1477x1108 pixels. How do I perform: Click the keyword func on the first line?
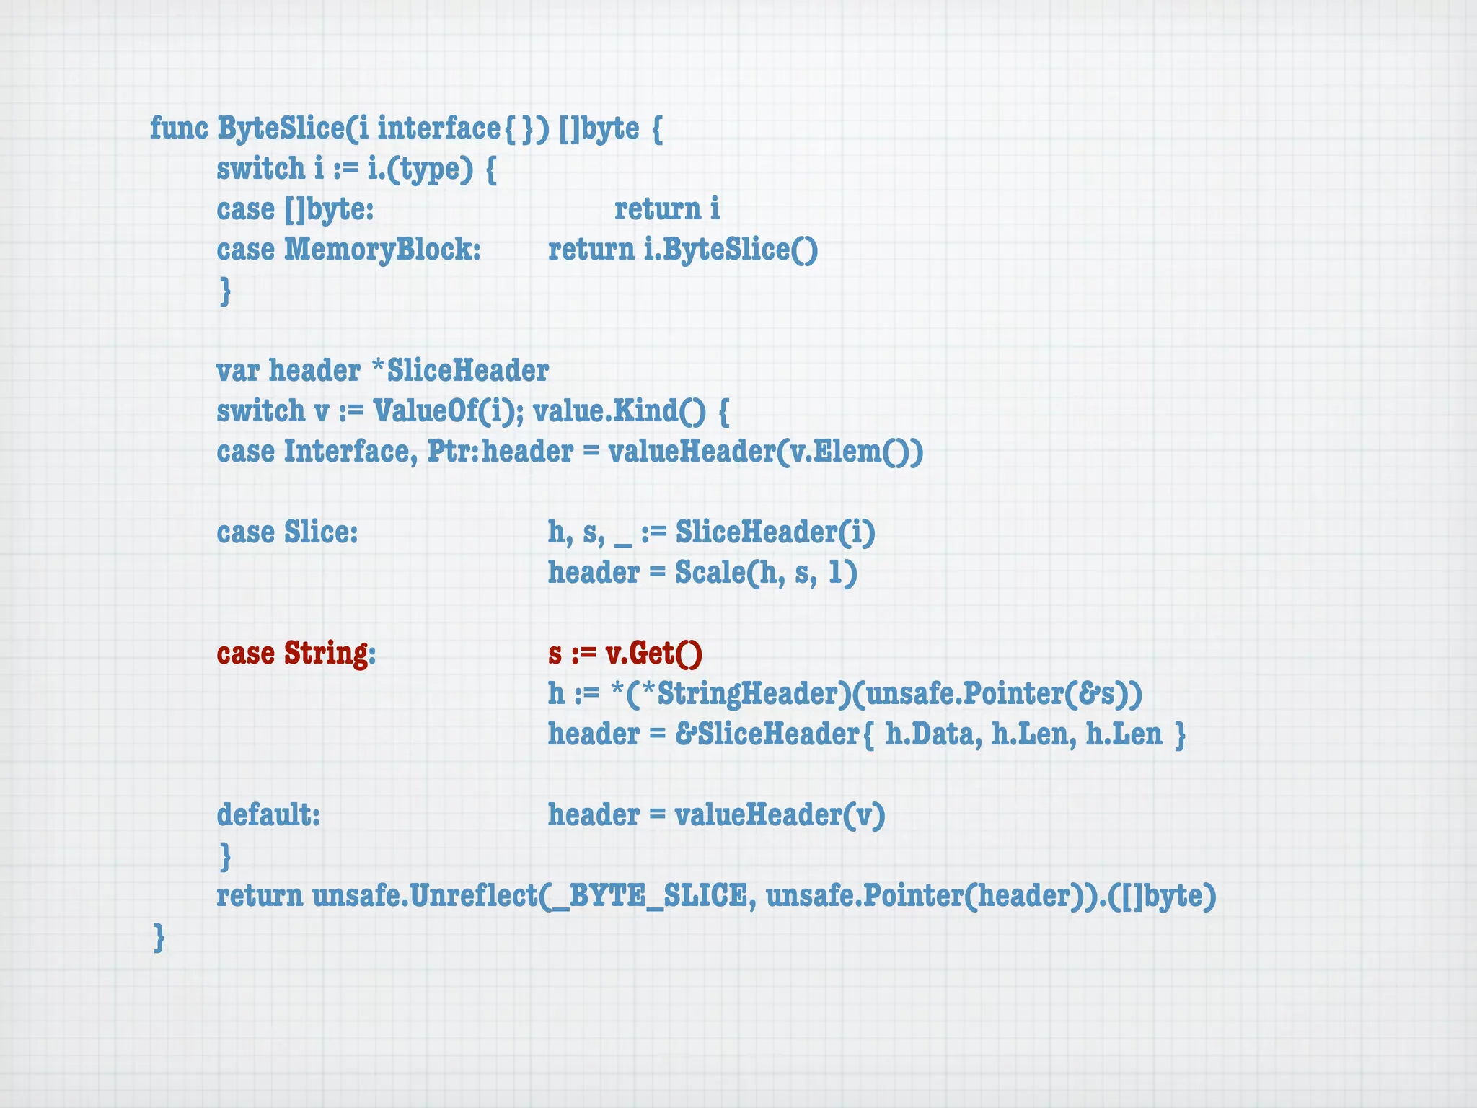[179, 128]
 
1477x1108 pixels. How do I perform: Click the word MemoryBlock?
[382, 250]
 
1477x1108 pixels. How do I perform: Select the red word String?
[326, 654]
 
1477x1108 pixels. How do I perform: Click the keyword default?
[267, 815]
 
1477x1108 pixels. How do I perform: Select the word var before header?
[238, 371]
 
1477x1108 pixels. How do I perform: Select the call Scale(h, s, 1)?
[766, 573]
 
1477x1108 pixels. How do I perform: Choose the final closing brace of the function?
[159, 938]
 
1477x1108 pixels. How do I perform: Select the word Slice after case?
[320, 532]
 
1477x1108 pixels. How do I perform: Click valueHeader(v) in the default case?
[780, 815]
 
